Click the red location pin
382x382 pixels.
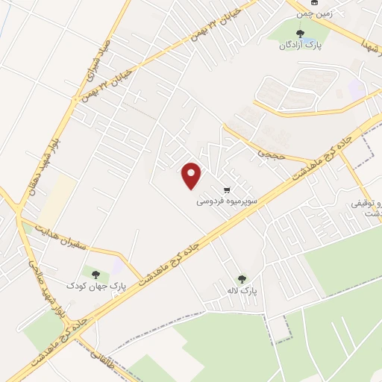tap(192, 175)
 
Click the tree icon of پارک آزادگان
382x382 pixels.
tap(301, 34)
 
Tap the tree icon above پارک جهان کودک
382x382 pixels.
tap(95, 274)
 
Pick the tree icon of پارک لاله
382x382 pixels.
tap(241, 278)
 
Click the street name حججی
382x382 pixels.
tap(267, 153)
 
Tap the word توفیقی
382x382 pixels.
tap(367, 203)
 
